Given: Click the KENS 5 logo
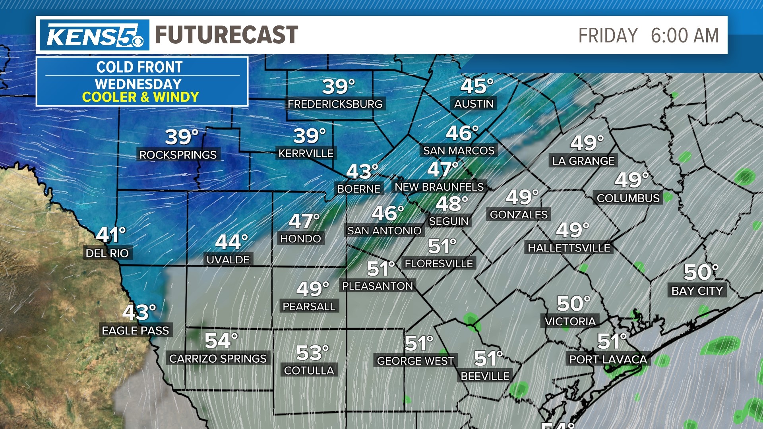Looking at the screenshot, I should [95, 35].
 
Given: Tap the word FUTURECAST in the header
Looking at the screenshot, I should [226, 35].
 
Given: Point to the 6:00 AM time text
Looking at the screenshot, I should [685, 35].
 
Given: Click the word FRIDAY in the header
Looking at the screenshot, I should [608, 35].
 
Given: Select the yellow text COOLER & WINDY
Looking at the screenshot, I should [140, 97].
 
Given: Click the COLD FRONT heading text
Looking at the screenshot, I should [139, 67].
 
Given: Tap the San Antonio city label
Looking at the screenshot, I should [384, 231].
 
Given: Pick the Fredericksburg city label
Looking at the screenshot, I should [335, 104].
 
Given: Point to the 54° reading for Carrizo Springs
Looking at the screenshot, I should [221, 341].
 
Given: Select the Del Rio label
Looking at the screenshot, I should [107, 253].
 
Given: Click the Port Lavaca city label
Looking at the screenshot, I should [608, 359].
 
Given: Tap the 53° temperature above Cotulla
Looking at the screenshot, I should [312, 353].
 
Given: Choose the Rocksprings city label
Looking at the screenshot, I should [178, 155].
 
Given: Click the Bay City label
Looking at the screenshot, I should [697, 291].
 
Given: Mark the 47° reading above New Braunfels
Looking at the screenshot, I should [442, 170].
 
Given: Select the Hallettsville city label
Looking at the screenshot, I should [569, 248].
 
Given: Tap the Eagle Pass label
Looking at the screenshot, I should [136, 330].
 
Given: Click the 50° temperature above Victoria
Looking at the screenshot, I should [573, 303].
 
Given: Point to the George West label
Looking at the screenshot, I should [415, 361].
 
